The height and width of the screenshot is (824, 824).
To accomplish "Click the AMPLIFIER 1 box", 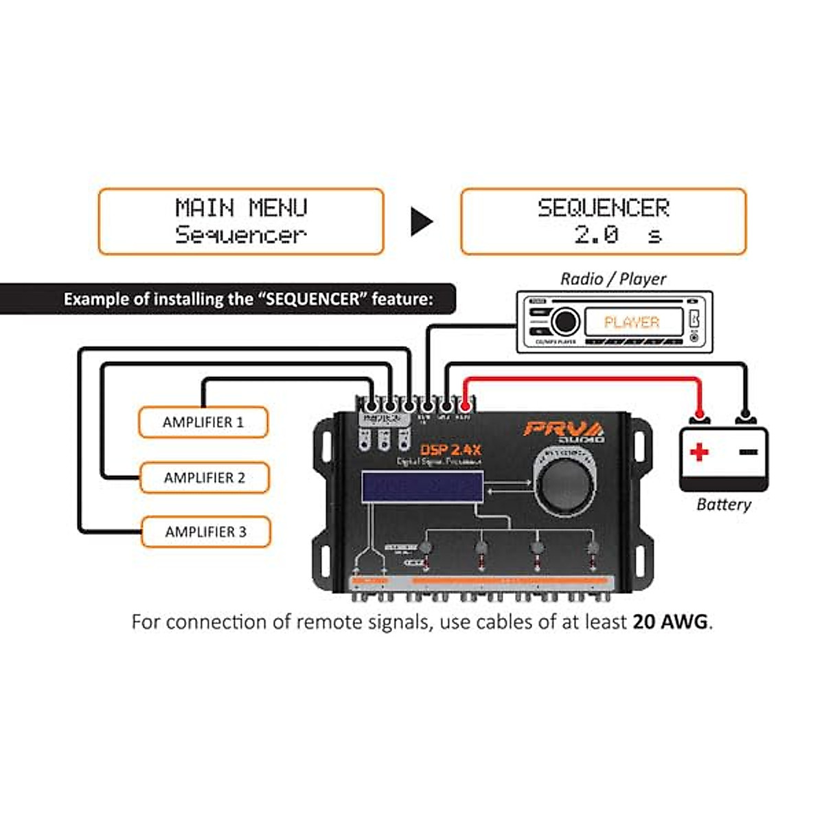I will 203,422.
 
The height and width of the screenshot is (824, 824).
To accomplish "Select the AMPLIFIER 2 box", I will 205,477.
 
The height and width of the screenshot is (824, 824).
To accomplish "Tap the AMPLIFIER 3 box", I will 205,531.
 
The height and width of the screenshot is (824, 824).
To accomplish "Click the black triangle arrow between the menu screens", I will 422,221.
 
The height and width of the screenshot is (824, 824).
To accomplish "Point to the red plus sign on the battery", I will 699,452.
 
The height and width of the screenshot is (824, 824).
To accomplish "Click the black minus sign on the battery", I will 748,452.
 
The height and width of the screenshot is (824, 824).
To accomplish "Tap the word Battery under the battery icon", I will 723,505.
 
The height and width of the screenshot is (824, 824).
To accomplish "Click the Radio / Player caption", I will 613,279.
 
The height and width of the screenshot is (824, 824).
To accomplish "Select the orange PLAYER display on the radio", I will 632,322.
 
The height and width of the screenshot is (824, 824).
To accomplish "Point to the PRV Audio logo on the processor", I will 563,431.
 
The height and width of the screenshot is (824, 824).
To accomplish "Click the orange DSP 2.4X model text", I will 450,450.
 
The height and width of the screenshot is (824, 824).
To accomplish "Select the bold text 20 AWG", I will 669,622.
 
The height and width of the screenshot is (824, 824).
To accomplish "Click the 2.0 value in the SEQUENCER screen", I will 596,235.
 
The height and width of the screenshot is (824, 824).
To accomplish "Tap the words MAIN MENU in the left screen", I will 241,207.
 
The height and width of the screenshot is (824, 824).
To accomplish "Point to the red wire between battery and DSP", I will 584,378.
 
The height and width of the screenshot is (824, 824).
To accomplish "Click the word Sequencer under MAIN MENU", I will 240,235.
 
